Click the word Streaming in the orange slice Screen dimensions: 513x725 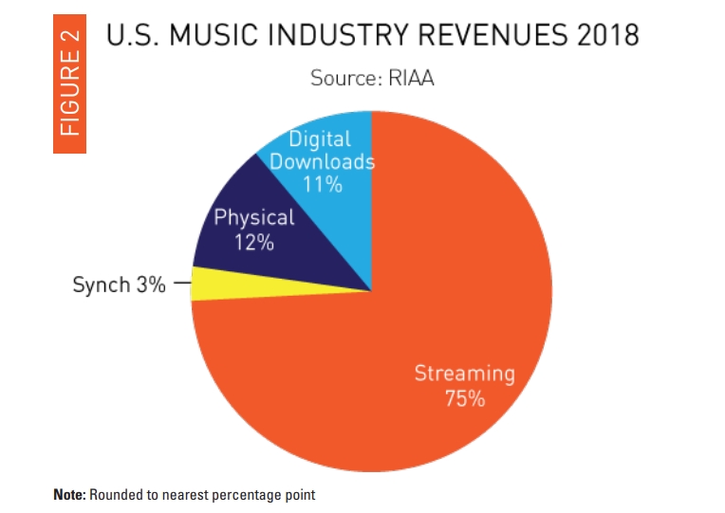(x=464, y=373)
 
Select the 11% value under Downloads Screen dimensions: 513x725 (x=323, y=184)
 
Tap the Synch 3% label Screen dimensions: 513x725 (x=119, y=284)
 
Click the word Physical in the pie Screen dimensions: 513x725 (x=254, y=217)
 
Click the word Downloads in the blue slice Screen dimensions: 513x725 (x=323, y=161)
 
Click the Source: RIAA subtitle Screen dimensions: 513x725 (x=372, y=78)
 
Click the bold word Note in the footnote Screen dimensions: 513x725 (x=70, y=494)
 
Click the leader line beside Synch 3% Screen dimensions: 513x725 (x=184, y=282)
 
